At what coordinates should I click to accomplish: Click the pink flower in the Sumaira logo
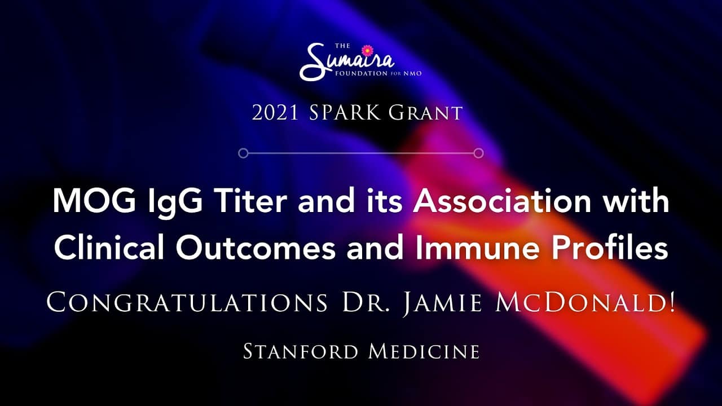coord(367,51)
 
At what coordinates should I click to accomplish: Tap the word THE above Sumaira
coord(342,46)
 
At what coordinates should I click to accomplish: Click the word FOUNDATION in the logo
coord(362,73)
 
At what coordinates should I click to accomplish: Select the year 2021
coord(275,113)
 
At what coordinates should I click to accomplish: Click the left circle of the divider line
coord(243,153)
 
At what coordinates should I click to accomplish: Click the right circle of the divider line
coord(479,153)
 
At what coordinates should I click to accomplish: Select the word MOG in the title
coord(94,201)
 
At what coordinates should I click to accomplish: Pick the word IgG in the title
coord(175,204)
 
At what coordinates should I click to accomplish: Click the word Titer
coord(250,200)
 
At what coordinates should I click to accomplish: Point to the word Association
coord(503,200)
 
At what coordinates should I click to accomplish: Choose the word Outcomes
coord(256,248)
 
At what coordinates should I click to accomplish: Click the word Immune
coord(478,248)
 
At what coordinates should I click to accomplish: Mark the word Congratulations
coord(187,302)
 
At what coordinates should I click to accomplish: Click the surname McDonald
coord(585,302)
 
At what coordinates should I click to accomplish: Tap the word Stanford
coord(301,351)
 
